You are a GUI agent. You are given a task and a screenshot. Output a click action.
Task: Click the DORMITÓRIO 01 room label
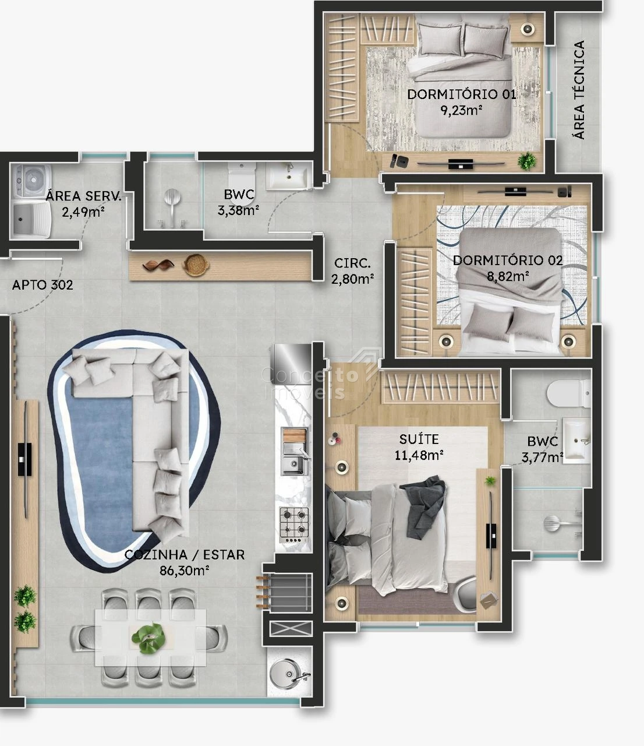462,94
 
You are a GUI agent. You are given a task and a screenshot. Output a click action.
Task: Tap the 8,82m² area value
508,276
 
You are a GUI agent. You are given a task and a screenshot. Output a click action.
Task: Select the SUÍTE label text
419,439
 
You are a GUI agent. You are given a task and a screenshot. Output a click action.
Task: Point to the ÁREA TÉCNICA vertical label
579,90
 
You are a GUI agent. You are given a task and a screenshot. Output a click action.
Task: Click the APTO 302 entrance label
43,285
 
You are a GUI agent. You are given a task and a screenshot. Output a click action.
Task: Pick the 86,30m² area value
184,571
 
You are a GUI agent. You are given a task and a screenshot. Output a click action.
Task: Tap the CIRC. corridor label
352,263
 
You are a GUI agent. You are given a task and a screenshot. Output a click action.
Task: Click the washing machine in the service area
31,180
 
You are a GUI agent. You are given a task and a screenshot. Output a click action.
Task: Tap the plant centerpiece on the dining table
148,638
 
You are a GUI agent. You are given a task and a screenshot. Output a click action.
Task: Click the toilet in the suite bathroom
569,394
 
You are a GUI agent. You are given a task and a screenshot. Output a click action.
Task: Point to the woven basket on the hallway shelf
196,265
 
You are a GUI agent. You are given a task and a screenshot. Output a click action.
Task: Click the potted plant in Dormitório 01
527,161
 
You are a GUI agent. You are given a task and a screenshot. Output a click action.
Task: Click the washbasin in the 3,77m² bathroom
577,441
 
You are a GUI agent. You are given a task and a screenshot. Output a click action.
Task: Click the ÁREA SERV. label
84,196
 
